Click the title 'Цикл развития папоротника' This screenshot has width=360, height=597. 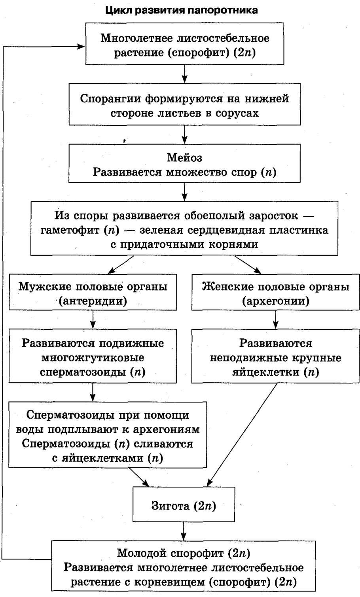(x=182, y=10)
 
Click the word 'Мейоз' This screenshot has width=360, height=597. (x=184, y=157)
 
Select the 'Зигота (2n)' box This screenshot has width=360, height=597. (x=184, y=506)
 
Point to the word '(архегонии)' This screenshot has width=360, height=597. (x=276, y=301)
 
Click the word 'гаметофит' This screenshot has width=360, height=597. (x=70, y=230)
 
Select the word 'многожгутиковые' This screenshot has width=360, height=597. (x=93, y=358)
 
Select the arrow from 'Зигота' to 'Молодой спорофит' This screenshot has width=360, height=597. (x=184, y=529)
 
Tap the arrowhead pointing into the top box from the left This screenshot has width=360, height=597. (x=81, y=46)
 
